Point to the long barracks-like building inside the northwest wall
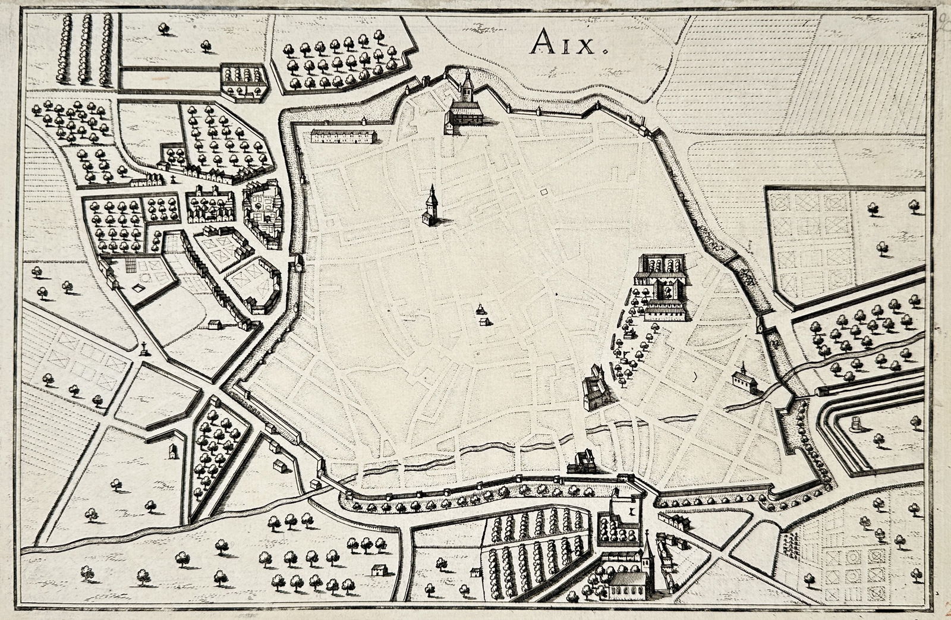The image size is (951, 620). pos(344,136)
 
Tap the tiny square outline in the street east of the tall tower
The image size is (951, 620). pos(544,191)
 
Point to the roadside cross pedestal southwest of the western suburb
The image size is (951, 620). pos(143,349)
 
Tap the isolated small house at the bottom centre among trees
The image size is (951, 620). pos(377,569)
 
